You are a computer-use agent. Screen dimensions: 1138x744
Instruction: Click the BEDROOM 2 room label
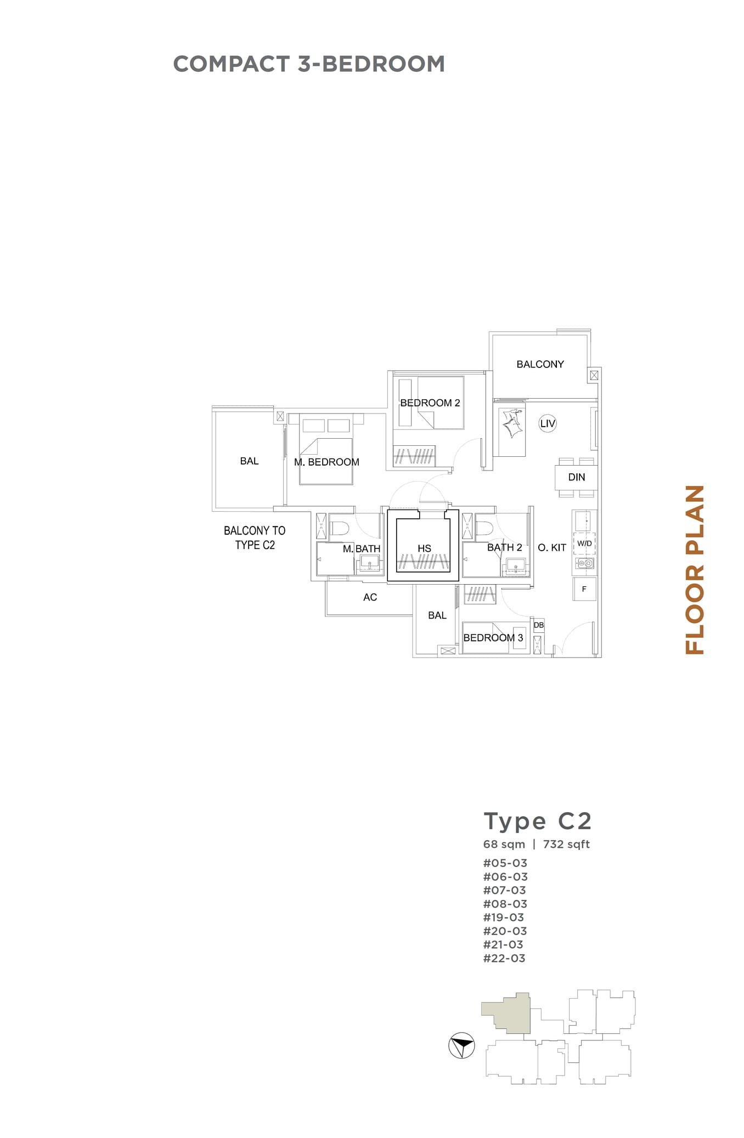pyautogui.click(x=430, y=403)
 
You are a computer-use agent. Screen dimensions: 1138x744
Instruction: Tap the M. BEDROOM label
pyautogui.click(x=326, y=462)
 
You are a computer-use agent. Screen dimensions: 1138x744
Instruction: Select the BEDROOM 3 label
pyautogui.click(x=493, y=637)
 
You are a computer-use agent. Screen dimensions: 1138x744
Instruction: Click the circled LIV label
pyautogui.click(x=548, y=423)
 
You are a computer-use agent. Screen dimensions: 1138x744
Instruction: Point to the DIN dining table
pyautogui.click(x=576, y=477)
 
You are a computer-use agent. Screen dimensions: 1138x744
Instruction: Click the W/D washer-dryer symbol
pyautogui.click(x=584, y=543)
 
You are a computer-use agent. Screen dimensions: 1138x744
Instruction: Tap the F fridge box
pyautogui.click(x=584, y=589)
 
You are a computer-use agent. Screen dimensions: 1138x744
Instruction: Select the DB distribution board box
pyautogui.click(x=539, y=625)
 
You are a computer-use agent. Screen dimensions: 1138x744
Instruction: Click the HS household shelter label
pyautogui.click(x=424, y=548)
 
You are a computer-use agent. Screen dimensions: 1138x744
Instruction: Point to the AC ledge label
pyautogui.click(x=370, y=597)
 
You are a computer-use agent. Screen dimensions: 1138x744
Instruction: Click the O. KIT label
pyautogui.click(x=552, y=547)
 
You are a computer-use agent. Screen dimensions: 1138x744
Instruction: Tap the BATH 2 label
pyautogui.click(x=504, y=547)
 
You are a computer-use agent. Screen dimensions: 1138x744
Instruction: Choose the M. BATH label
pyautogui.click(x=362, y=548)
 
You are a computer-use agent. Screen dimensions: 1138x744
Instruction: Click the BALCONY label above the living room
pyautogui.click(x=540, y=364)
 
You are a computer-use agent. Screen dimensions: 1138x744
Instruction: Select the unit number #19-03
pyautogui.click(x=504, y=918)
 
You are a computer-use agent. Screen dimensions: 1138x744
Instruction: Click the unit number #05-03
pyautogui.click(x=505, y=863)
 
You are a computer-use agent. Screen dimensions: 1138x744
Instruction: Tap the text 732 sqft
pyautogui.click(x=566, y=844)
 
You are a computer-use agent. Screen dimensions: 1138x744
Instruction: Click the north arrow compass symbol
pyautogui.click(x=461, y=1045)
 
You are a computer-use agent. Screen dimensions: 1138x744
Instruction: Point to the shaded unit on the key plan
pyautogui.click(x=510, y=1014)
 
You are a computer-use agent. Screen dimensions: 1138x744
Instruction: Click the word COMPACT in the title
pyautogui.click(x=231, y=64)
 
